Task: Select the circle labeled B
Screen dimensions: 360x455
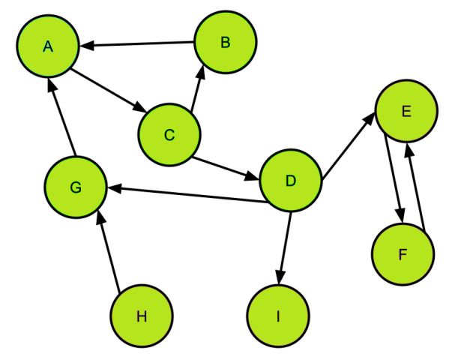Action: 226,42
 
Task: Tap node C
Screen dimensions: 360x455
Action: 169,134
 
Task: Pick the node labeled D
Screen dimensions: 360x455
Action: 290,180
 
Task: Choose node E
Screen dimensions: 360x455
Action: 406,112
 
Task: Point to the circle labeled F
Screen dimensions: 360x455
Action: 403,254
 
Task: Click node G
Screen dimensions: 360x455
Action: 75,187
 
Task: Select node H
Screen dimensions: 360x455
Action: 142,316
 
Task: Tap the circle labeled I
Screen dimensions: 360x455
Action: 278,316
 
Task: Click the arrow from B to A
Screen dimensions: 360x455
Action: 138,45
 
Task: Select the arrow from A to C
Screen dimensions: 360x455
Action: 107,91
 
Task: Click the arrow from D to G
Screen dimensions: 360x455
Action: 184,193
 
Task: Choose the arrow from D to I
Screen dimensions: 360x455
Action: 284,246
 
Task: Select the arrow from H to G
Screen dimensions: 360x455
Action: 109,251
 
